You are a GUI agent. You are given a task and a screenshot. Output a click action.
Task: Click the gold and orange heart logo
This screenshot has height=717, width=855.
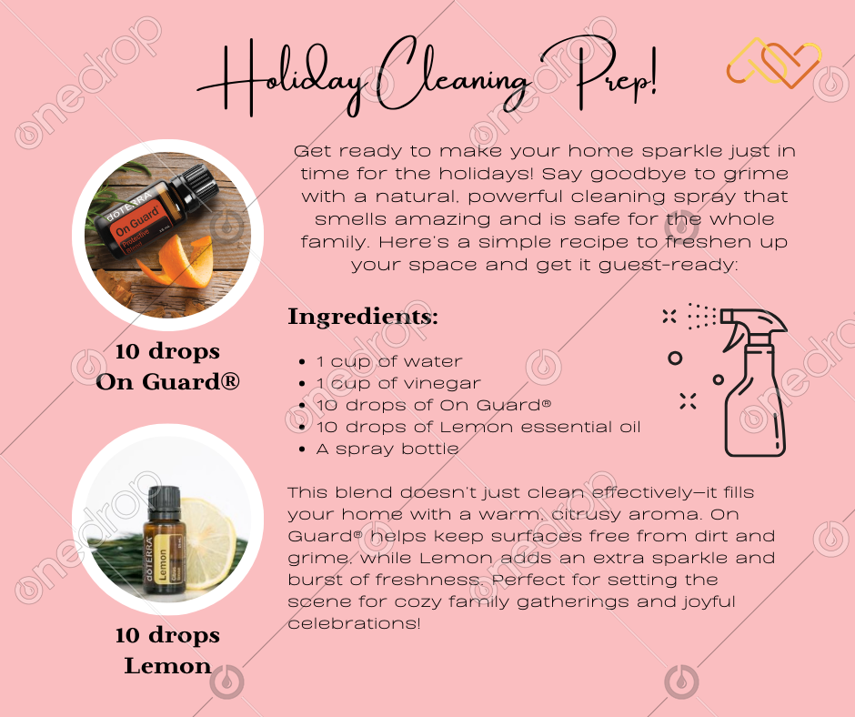[x=774, y=63]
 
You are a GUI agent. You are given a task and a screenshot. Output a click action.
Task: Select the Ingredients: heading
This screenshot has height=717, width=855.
[x=363, y=317]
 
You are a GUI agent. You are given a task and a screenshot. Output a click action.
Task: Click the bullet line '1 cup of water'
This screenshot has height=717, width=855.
[x=389, y=361]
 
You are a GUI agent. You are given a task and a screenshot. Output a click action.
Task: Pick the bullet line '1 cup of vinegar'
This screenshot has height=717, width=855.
[x=398, y=383]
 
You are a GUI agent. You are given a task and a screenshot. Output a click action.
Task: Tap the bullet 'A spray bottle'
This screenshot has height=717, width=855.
[x=387, y=449]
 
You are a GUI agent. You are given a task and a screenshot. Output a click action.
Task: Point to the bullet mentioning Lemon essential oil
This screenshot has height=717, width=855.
[x=478, y=427]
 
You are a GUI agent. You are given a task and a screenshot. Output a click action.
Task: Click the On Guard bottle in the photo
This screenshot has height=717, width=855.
[x=155, y=215]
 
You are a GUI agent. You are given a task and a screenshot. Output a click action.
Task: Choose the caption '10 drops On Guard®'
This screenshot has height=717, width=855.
[x=167, y=366]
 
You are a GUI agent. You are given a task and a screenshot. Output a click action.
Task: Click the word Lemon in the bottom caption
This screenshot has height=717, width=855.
[x=167, y=666]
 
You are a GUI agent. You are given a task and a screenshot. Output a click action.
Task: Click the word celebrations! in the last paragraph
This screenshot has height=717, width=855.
[x=355, y=623]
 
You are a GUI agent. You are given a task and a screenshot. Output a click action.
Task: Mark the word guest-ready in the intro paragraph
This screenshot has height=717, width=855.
[x=668, y=266]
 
